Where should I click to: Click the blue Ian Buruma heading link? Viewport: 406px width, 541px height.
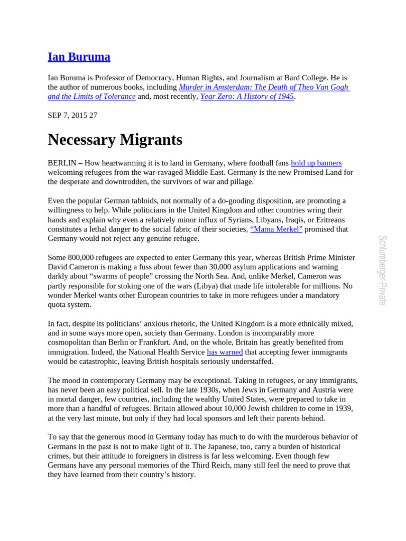79,57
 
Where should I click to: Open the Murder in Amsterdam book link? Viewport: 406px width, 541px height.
264,87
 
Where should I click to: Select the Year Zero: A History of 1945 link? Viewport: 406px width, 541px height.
247,97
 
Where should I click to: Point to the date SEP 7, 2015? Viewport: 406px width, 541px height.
67,116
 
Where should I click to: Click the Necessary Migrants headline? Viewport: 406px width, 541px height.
115,140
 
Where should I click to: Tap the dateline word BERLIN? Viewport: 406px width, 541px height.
62,163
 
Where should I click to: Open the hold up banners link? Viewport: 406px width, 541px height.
316,163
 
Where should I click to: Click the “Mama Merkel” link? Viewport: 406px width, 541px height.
276,229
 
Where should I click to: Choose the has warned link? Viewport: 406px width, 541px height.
225,352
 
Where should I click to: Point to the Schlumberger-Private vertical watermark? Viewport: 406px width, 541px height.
383,270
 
